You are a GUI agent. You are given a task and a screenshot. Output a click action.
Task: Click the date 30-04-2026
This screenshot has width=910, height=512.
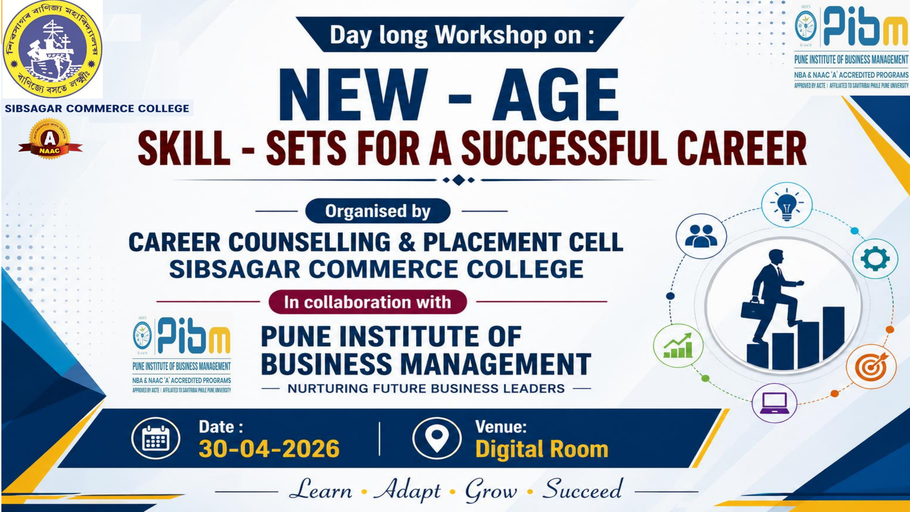tap(269, 449)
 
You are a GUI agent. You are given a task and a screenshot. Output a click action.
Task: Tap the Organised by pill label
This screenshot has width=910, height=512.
tap(378, 211)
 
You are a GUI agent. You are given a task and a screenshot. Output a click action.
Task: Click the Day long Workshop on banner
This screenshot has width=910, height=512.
tap(459, 35)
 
